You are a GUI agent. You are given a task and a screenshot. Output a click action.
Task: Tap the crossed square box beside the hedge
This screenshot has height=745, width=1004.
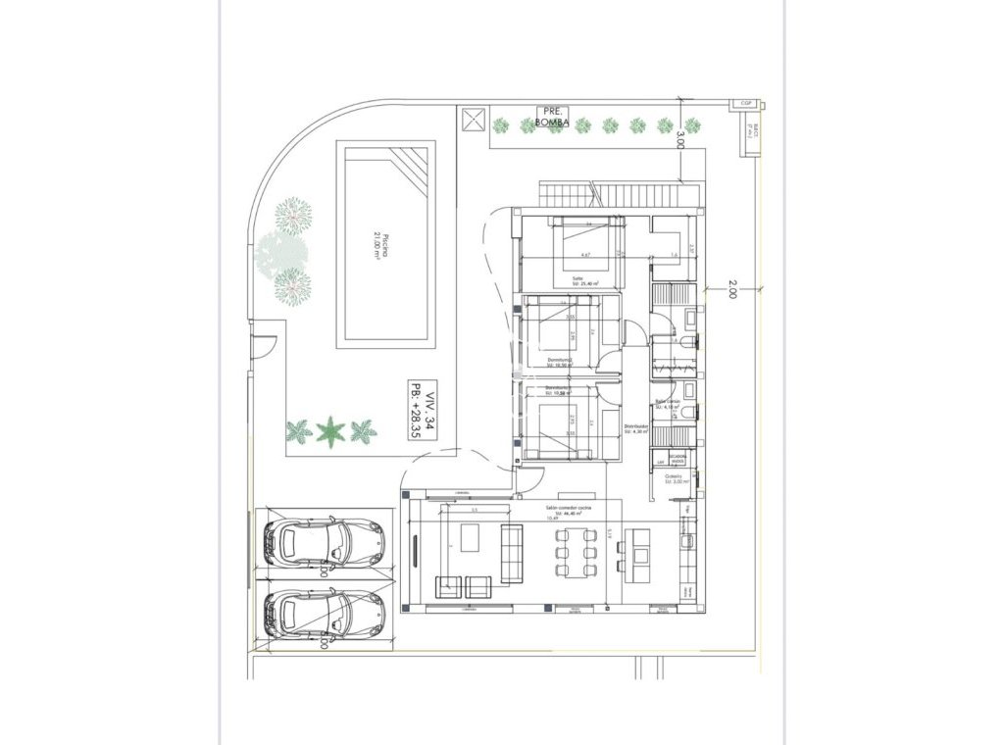[473, 120]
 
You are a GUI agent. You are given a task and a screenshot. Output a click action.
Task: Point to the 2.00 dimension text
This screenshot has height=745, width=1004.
[731, 289]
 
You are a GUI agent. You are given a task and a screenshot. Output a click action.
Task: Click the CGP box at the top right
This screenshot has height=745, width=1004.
[746, 102]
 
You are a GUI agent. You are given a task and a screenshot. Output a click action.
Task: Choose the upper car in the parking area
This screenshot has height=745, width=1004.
[324, 542]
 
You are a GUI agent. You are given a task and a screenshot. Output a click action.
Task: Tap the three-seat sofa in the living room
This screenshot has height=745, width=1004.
[512, 552]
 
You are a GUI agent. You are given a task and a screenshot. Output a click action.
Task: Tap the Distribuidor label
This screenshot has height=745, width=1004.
[635, 428]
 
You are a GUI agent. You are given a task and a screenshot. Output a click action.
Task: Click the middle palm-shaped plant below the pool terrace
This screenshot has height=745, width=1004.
[331, 430]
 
